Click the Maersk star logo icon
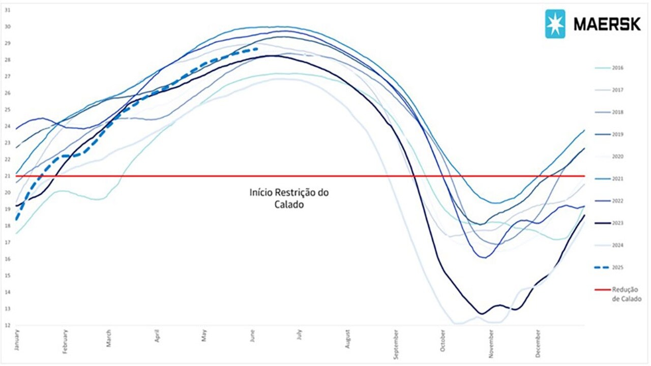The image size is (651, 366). click(555, 24)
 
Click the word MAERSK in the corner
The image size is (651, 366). click(607, 24)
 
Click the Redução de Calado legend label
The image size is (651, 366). click(626, 294)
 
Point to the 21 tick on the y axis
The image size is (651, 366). click(7, 176)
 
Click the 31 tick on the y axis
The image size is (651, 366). click(7, 10)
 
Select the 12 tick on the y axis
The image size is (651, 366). click(7, 325)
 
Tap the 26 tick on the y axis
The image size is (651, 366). click(7, 93)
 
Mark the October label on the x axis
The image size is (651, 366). click(443, 339)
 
